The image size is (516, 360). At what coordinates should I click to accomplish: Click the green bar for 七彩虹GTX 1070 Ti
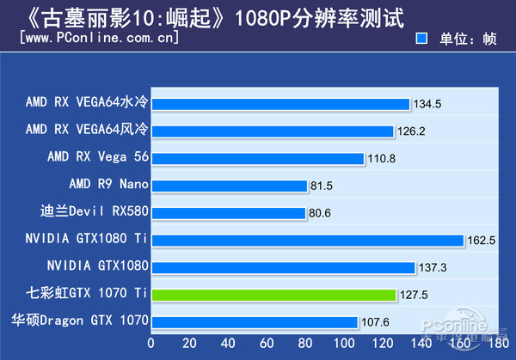tap(274, 295)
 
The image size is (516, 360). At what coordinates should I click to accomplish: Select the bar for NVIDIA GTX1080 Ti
tap(308, 241)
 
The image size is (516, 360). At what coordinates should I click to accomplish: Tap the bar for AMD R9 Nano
tap(230, 186)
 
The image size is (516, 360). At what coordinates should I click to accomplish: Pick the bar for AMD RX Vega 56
tap(258, 158)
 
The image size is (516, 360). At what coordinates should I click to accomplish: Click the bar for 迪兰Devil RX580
tap(229, 213)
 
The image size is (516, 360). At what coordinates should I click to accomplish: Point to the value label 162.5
tap(482, 241)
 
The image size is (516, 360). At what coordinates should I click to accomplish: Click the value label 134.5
tap(427, 104)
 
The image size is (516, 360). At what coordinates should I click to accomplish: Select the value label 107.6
tap(376, 322)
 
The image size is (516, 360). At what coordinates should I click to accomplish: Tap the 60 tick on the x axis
tap(267, 343)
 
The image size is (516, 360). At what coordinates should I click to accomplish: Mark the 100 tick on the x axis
tap(343, 343)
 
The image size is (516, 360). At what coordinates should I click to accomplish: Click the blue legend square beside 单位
tap(421, 39)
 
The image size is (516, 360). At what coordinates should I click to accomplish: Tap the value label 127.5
tap(415, 295)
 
